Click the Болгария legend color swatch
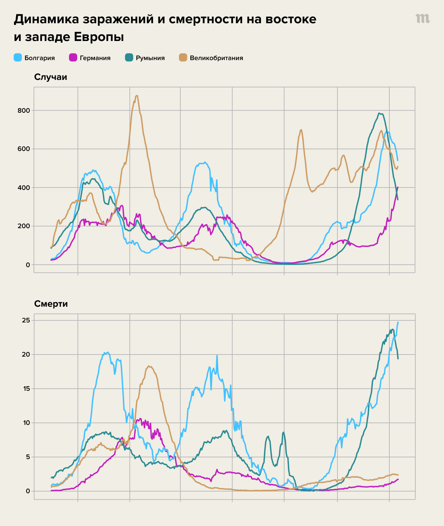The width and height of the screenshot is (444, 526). [18, 58]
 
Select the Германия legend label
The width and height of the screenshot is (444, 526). [95, 58]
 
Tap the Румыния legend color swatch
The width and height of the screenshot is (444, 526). [129, 58]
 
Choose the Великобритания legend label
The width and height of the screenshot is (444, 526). [216, 58]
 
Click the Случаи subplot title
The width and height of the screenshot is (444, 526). [51, 77]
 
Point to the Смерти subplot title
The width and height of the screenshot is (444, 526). [51, 304]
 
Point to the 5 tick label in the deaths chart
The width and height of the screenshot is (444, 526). [28, 457]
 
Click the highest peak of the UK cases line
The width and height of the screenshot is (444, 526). [137, 96]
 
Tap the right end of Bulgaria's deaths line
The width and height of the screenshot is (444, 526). [398, 322]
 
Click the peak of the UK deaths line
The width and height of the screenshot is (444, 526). [149, 366]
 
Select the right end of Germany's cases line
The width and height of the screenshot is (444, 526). [398, 187]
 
